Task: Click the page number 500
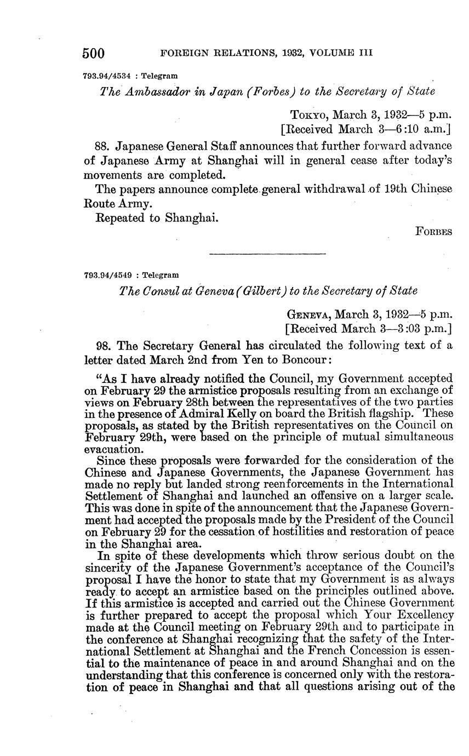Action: point(93,53)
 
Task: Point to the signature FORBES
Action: point(434,232)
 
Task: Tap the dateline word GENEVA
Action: point(308,314)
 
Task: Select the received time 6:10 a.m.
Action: point(428,130)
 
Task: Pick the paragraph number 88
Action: point(102,146)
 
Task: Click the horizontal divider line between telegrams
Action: point(268,254)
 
